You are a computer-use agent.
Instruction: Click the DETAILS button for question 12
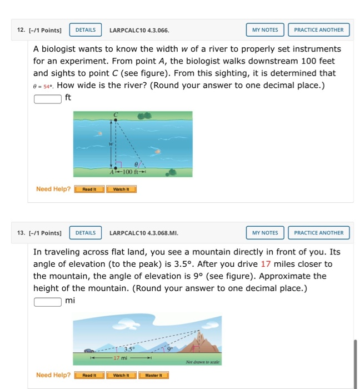85,30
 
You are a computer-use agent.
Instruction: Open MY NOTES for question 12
265,30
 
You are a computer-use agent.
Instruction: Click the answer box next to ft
47,99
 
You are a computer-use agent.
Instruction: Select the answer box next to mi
47,302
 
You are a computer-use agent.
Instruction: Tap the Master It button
153,375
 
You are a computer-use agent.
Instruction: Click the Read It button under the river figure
89,189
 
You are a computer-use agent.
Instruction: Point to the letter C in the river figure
116,115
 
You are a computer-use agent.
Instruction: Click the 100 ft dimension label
131,172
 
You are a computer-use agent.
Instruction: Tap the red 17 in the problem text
266,264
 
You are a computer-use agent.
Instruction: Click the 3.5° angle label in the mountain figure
128,350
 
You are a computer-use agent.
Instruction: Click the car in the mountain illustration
88,351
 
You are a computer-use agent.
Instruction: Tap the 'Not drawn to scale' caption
203,362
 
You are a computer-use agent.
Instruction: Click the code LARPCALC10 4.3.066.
139,30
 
